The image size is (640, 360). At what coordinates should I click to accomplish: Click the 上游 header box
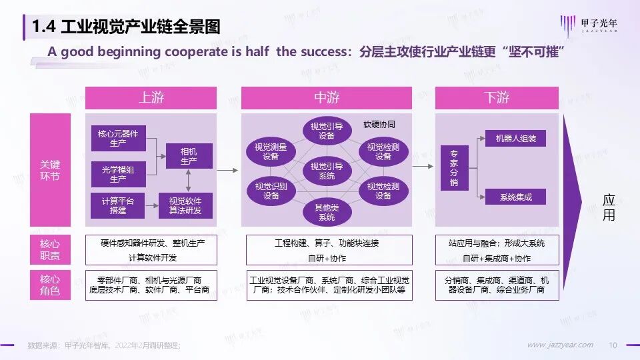[x=151, y=98]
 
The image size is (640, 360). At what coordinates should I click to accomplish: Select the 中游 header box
[x=326, y=98]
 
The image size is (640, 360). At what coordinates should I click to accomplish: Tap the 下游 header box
[x=497, y=98]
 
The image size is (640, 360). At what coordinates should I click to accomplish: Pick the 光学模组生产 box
[x=118, y=174]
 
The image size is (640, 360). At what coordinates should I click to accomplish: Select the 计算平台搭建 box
[x=118, y=205]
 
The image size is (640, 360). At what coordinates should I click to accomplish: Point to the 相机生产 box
[x=189, y=157]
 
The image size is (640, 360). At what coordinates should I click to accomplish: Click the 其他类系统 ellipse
[x=327, y=213]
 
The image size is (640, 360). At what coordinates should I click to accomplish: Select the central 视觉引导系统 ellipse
[x=327, y=171]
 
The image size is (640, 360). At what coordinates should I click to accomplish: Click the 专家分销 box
[x=454, y=167]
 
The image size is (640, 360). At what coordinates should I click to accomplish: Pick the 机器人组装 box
[x=515, y=139]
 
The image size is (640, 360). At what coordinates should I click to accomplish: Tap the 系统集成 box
[x=515, y=197]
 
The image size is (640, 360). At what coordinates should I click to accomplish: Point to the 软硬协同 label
[x=379, y=125]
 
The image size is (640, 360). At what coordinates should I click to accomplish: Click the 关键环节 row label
[x=50, y=170]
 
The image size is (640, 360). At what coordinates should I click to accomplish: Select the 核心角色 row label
[x=50, y=285]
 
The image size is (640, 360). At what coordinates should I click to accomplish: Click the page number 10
[x=613, y=345]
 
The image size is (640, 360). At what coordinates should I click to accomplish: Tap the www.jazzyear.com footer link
[x=560, y=345]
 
